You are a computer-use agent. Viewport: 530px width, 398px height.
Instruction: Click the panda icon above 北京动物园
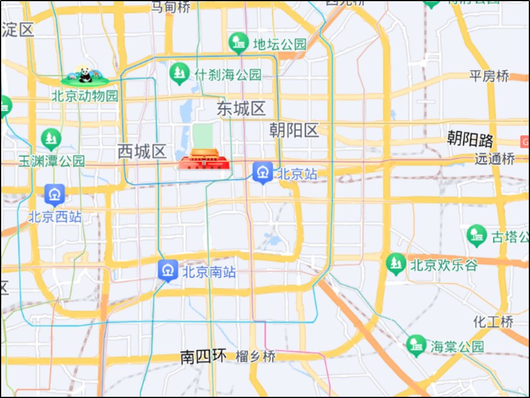click(85, 74)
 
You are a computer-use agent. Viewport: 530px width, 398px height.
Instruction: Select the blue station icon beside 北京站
click(263, 172)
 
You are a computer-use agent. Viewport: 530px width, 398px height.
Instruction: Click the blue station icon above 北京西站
click(55, 194)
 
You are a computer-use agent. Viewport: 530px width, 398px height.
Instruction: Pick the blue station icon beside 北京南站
click(169, 270)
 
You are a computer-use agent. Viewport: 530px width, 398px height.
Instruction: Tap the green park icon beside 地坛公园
click(239, 42)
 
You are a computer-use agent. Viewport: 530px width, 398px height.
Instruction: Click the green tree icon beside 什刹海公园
click(179, 73)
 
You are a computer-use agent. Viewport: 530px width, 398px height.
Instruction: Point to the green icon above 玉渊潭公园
click(51, 138)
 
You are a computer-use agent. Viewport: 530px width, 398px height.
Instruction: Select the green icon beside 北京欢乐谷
click(396, 264)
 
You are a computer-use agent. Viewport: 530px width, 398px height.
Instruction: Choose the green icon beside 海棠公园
click(417, 345)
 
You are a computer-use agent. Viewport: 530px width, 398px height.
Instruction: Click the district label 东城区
click(241, 109)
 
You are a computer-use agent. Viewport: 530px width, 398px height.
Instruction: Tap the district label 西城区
click(143, 152)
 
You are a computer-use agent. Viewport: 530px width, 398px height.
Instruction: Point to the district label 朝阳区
click(294, 130)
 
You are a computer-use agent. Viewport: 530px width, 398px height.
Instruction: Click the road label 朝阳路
click(470, 139)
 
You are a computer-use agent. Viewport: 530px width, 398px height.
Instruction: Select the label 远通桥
click(495, 158)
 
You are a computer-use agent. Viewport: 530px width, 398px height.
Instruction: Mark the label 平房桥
click(489, 76)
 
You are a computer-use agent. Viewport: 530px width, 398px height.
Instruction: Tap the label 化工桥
click(493, 321)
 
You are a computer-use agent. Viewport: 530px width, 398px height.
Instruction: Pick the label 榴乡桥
click(255, 357)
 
